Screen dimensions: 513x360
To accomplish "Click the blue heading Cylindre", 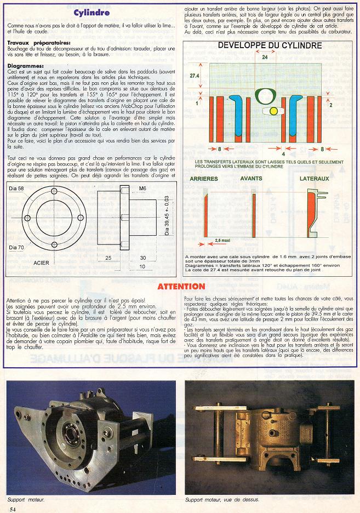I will (x=92, y=12).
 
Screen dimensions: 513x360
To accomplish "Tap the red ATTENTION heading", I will (x=181, y=286).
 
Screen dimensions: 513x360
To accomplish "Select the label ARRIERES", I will (x=203, y=179).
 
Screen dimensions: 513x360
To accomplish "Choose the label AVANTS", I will (x=250, y=179).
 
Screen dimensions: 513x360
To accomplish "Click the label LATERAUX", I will (x=314, y=179).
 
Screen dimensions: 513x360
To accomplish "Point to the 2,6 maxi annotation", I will (x=222, y=240).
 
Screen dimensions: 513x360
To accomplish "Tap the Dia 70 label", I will (x=17, y=247).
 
